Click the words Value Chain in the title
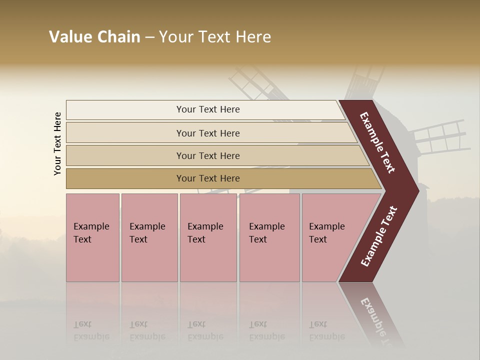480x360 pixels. pos(94,37)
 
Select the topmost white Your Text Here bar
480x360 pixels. pos(208,109)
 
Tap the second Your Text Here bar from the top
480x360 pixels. pos(208,133)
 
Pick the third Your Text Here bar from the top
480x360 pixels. pos(208,155)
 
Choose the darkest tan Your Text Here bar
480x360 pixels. pos(208,178)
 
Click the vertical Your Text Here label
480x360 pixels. pos(57,143)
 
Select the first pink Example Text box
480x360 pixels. pos(92,237)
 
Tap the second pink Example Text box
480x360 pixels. pos(149,237)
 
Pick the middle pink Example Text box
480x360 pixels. pos(208,237)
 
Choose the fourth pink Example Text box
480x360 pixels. pos(269,237)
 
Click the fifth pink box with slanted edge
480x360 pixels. pos(330,237)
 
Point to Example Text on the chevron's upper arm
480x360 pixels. pos(377,142)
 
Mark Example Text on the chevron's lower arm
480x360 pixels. pos(378,236)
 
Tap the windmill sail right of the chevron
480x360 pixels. pos(440,137)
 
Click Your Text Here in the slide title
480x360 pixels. pos(215,37)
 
